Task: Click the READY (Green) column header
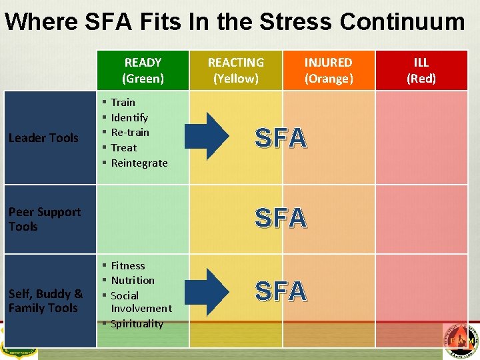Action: point(143,70)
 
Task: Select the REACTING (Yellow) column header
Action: point(235,70)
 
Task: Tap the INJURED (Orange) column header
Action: point(329,70)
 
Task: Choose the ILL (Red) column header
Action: point(421,70)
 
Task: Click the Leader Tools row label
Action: point(43,138)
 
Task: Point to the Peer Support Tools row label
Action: point(44,219)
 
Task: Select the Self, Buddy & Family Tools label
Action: point(45,301)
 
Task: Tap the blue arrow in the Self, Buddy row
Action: point(208,289)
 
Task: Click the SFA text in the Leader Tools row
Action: point(281,138)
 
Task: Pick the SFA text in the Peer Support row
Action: point(281,218)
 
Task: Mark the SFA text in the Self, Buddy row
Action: point(281,291)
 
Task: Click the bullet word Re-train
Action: point(130,132)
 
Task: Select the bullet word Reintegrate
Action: point(139,163)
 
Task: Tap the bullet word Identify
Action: point(129,117)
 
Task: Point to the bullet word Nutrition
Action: point(133,280)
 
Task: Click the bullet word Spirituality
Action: point(137,323)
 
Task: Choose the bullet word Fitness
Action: point(128,265)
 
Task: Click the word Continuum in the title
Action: point(402,22)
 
